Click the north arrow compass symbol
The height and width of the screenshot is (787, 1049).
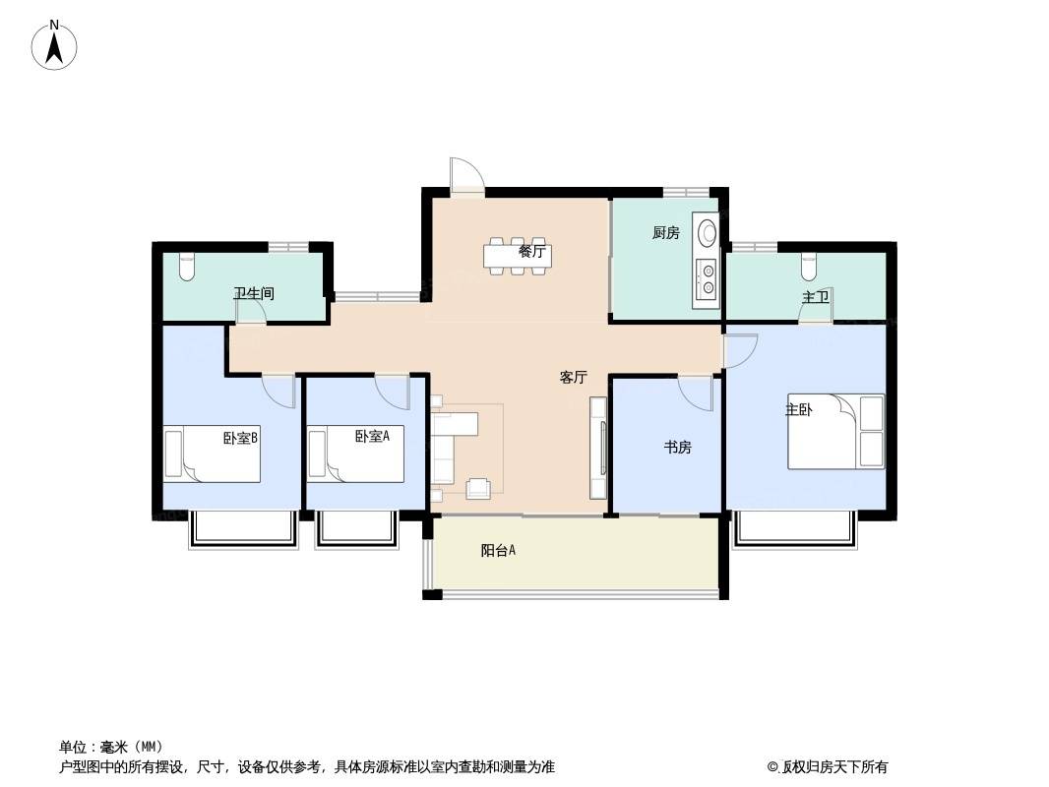tap(55, 45)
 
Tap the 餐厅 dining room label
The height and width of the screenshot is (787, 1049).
tap(531, 252)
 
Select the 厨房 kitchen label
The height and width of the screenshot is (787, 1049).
tap(665, 233)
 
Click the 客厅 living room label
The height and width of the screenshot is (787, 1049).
tap(574, 377)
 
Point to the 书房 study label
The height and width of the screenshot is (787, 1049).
tap(678, 447)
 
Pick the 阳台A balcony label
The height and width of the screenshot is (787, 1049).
tap(498, 550)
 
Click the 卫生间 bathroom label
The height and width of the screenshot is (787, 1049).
tap(254, 293)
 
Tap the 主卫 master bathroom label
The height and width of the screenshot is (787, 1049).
tap(816, 297)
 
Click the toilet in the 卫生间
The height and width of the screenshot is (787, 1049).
tap(187, 267)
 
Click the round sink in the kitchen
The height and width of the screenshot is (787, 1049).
tap(708, 233)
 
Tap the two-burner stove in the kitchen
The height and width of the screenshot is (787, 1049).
tap(707, 279)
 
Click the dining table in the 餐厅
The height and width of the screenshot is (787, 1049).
tap(518, 256)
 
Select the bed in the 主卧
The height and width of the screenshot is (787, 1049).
tap(835, 431)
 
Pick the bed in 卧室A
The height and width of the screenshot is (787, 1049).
tap(355, 455)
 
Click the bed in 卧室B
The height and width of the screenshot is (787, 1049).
tap(213, 455)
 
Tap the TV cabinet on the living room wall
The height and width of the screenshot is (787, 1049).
tap(598, 448)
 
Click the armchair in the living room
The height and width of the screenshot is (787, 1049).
tap(478, 489)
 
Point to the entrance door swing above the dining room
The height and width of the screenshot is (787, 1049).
tap(467, 176)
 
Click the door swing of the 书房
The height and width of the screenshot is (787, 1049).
tap(696, 393)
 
